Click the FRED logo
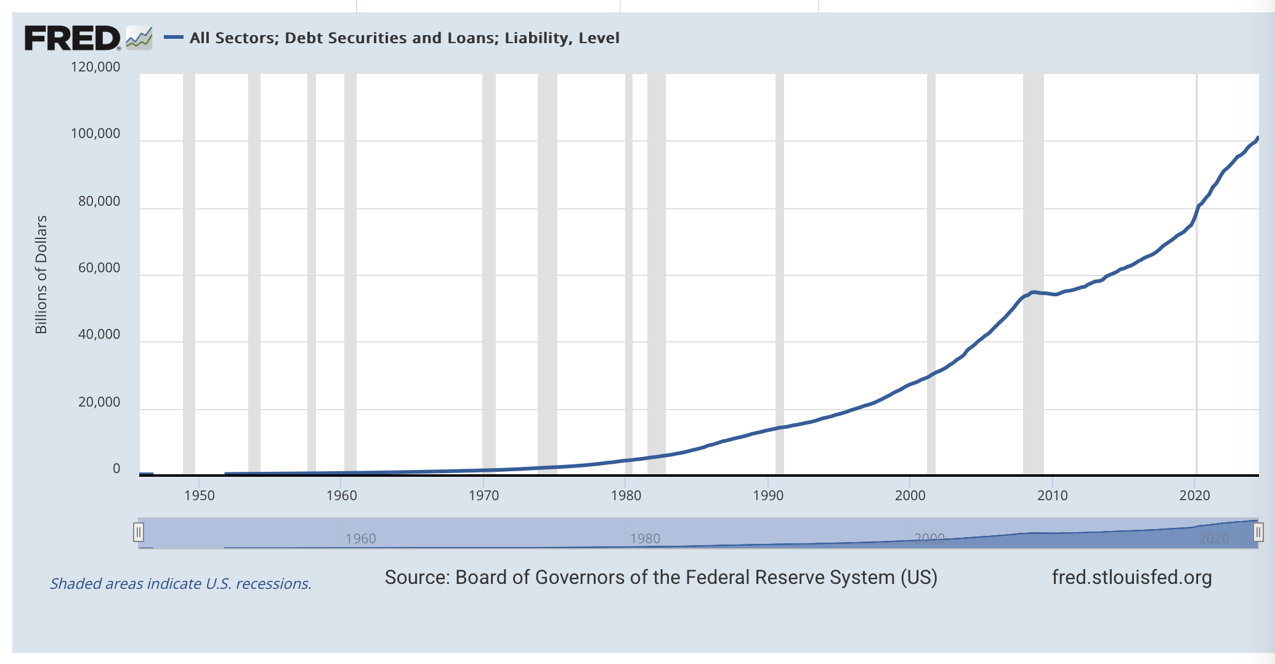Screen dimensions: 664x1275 click(x=73, y=38)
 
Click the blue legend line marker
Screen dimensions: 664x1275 click(x=173, y=38)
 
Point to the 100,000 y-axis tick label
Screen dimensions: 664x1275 click(x=95, y=134)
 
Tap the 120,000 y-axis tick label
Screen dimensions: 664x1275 click(x=95, y=67)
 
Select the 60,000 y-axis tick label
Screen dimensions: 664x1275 click(x=99, y=268)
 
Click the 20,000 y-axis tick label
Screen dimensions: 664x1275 click(x=99, y=402)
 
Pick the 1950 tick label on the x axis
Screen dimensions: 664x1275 click(x=200, y=496)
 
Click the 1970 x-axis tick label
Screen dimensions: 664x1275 click(x=484, y=496)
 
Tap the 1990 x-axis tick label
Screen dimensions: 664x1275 click(x=768, y=496)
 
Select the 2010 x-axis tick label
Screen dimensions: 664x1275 click(x=1052, y=496)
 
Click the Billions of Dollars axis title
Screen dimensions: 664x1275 click(x=41, y=275)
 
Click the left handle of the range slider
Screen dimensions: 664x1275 click(x=139, y=532)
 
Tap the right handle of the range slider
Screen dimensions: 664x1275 click(x=1258, y=532)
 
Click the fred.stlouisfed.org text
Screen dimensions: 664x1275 click(x=1131, y=578)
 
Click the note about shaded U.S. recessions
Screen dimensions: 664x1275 click(x=180, y=584)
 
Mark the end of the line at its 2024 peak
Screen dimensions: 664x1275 click(x=1258, y=137)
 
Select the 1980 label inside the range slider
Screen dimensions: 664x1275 click(x=645, y=539)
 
